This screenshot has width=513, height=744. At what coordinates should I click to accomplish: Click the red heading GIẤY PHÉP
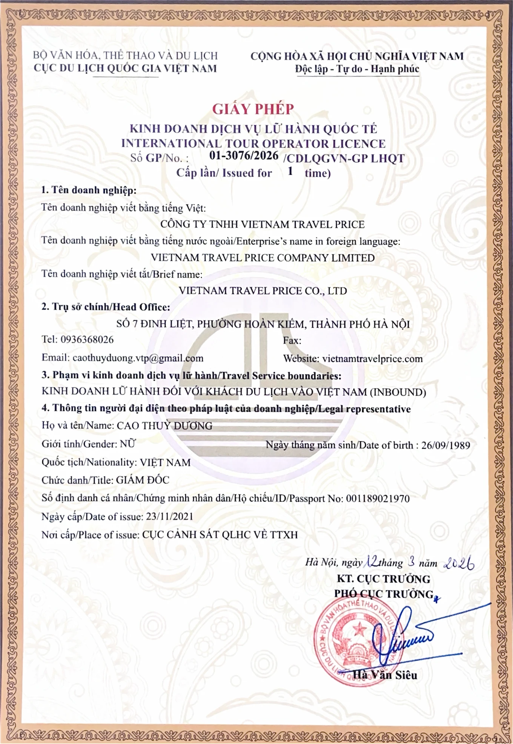253,109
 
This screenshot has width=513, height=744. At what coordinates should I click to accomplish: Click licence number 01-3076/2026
244,156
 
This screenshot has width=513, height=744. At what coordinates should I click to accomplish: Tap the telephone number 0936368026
87,340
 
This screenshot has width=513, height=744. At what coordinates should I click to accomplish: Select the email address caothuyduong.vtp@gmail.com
138,358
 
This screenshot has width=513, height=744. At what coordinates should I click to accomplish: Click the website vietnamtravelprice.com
372,359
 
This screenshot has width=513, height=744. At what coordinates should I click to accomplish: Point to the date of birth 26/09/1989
445,445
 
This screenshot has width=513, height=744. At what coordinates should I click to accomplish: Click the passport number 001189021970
378,499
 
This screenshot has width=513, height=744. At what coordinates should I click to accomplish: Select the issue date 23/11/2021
169,516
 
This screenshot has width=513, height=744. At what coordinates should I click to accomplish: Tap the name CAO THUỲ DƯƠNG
164,426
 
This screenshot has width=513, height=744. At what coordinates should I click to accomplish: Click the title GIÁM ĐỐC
143,480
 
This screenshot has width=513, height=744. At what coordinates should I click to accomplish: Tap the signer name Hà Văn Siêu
385,675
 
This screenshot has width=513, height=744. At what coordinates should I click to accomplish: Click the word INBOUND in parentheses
398,392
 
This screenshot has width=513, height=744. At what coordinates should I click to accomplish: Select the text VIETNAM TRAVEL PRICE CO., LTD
263,291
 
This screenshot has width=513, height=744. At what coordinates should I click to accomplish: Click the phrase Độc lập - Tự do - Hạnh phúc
357,69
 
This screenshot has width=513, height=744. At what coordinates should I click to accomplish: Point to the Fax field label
292,340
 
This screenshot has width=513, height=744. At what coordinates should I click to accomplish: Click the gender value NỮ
127,444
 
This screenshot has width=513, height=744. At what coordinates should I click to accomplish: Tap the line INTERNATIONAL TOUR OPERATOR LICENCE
253,144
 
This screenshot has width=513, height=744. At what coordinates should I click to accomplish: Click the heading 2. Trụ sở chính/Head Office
106,307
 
